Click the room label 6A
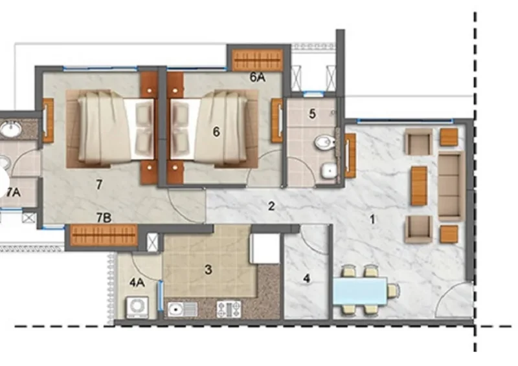[257, 77]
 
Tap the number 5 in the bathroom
[312, 114]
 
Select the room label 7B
[104, 218]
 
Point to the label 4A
[137, 283]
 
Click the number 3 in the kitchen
[208, 270]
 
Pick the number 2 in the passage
[271, 206]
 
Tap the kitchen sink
[182, 310]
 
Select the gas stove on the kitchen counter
[229, 310]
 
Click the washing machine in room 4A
[137, 307]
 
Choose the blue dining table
[360, 291]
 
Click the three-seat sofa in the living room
[451, 186]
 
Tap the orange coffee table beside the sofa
[419, 186]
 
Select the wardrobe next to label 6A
[257, 60]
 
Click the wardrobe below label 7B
[104, 235]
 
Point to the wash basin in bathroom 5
[329, 171]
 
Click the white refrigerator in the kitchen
[265, 248]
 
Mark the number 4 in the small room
[306, 279]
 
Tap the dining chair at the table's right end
[393, 291]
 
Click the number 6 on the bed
[216, 132]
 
